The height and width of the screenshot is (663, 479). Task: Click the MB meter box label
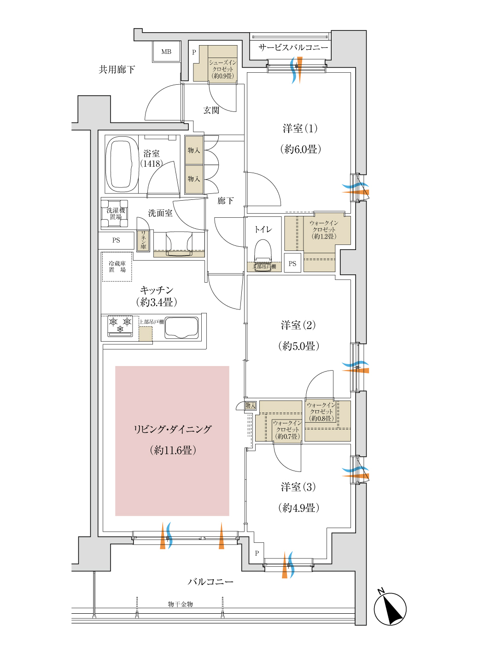click(x=166, y=52)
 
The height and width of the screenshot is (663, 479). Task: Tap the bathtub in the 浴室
click(x=122, y=164)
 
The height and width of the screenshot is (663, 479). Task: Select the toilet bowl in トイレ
click(x=263, y=251)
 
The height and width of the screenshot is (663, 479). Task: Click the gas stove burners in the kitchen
click(x=120, y=325)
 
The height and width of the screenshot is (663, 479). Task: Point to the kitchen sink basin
click(x=181, y=327)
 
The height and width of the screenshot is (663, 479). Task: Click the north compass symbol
click(x=390, y=608)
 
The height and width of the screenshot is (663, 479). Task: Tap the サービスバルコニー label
click(x=293, y=47)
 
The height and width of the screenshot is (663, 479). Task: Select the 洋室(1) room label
click(x=300, y=128)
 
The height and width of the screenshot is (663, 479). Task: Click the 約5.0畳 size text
click(x=298, y=346)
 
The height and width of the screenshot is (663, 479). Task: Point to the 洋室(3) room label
click(x=298, y=487)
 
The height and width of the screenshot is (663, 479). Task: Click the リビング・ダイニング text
click(x=173, y=429)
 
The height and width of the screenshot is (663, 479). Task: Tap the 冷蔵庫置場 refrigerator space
click(x=117, y=267)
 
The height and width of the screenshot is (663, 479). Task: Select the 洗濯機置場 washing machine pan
click(x=115, y=214)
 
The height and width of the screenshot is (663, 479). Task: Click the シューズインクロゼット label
click(x=222, y=69)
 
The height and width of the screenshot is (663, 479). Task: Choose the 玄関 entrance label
click(x=211, y=110)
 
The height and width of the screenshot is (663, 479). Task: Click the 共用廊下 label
click(x=117, y=70)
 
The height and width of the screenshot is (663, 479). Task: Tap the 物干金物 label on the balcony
click(x=181, y=604)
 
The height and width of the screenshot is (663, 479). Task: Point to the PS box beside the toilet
click(x=292, y=264)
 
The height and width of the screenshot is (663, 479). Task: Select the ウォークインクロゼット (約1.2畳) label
click(x=324, y=229)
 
